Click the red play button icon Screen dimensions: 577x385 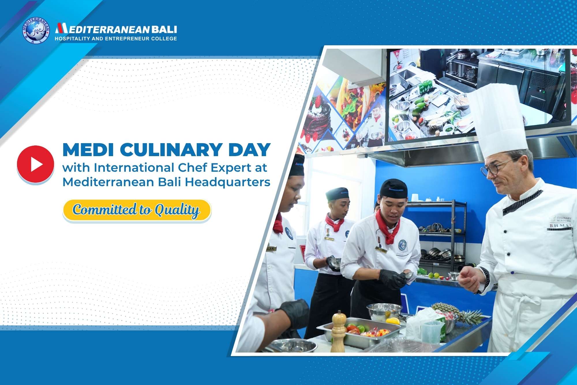pyautogui.click(x=35, y=164)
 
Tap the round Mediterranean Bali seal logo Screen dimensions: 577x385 pyautogui.click(x=36, y=30)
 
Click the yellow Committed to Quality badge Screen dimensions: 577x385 pyautogui.click(x=137, y=210)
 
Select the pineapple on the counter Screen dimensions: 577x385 pyautogui.click(x=459, y=313)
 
